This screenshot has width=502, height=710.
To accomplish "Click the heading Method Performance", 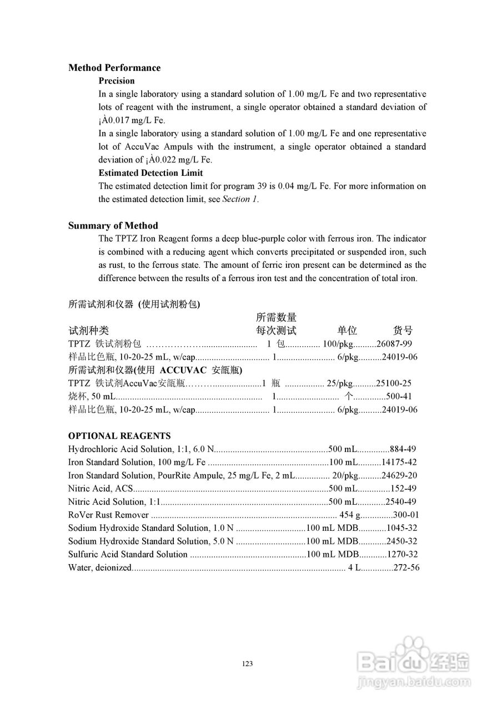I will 114,68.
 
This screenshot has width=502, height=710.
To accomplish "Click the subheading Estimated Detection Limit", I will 150,173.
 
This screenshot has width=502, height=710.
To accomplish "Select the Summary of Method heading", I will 113,226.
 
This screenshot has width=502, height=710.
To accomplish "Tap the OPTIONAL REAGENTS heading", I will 119,436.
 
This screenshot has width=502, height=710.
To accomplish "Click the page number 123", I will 248,664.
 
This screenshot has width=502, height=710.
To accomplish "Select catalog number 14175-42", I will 399,462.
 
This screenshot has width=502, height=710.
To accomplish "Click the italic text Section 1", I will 239,199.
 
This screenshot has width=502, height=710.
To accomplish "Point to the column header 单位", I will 347,331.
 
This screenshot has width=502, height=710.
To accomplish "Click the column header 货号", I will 403,331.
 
